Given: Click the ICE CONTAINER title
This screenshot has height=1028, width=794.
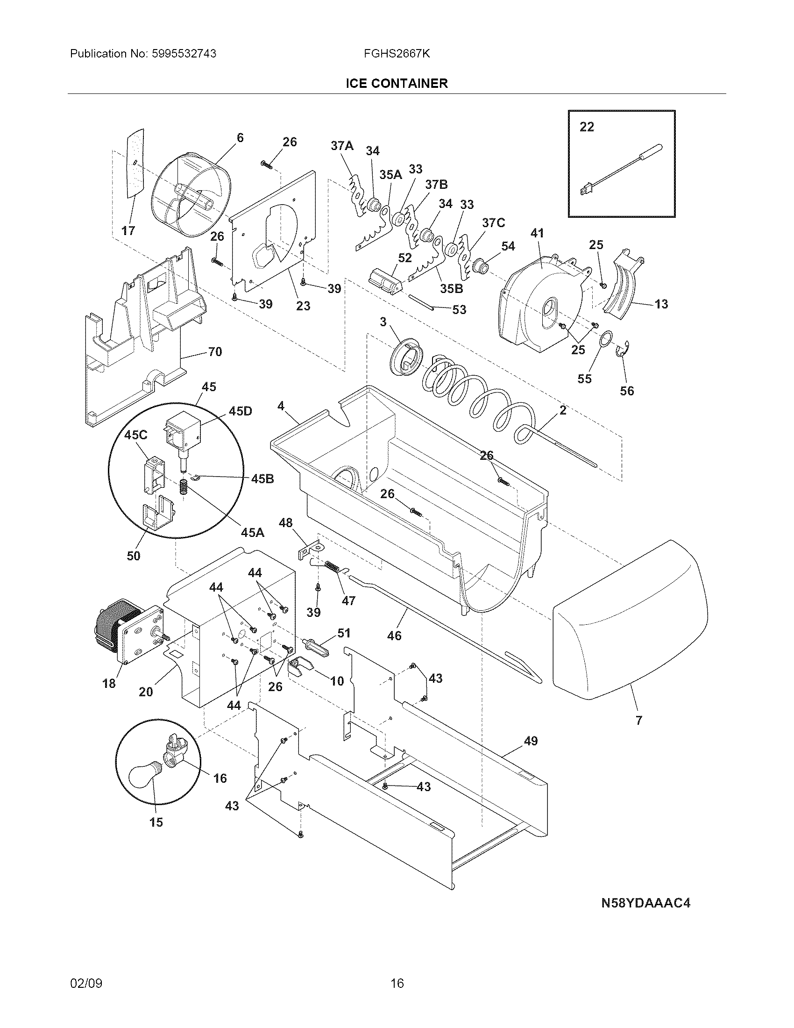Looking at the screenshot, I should coord(397,83).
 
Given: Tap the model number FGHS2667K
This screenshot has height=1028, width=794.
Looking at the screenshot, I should coord(397,54).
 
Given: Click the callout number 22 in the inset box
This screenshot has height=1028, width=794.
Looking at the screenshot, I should coord(587,127).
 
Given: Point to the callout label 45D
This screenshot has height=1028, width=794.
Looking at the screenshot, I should coord(240,411).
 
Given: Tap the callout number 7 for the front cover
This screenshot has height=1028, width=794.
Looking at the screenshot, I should coord(639,733).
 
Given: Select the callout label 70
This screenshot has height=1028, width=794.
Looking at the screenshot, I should coord(215,351).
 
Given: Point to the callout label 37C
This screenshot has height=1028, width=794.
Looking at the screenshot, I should coord(493,222).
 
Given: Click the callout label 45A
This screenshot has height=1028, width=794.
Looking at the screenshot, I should coord(252,532).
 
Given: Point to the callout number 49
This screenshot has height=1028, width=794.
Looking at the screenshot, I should coord(531,741).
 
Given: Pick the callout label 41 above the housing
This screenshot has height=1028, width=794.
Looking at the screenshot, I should coord(537,233).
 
